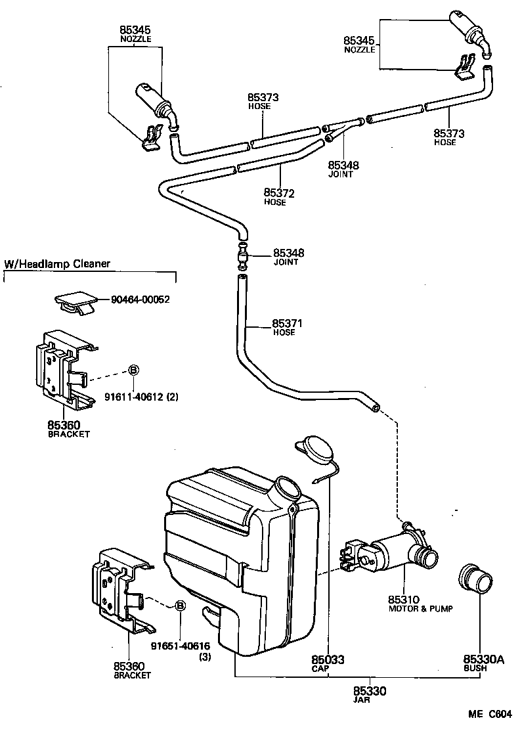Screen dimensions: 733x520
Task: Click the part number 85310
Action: tap(402, 600)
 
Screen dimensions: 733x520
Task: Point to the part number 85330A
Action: tap(483, 660)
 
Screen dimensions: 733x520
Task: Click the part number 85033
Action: tap(328, 659)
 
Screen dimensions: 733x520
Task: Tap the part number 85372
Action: tap(279, 193)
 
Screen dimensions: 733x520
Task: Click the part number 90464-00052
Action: tap(141, 300)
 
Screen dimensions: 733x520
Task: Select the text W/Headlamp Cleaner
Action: tap(58, 264)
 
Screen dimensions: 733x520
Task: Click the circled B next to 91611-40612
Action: tap(132, 370)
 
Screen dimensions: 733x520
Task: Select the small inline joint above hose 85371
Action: tap(242, 255)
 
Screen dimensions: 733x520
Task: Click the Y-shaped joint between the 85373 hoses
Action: tap(341, 128)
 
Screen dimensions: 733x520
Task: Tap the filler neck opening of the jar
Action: tap(287, 489)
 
